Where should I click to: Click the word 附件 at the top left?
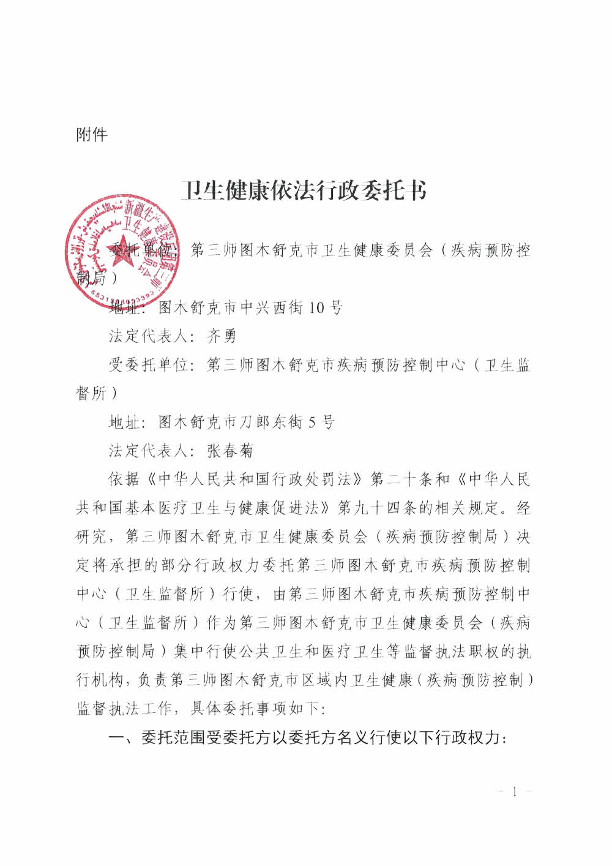point(92,135)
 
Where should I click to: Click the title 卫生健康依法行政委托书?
point(304,190)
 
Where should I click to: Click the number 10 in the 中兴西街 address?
point(316,307)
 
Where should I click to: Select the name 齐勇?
point(222,336)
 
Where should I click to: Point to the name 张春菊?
point(230,451)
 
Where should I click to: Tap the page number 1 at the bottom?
point(514,792)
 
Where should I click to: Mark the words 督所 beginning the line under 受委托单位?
point(92,394)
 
